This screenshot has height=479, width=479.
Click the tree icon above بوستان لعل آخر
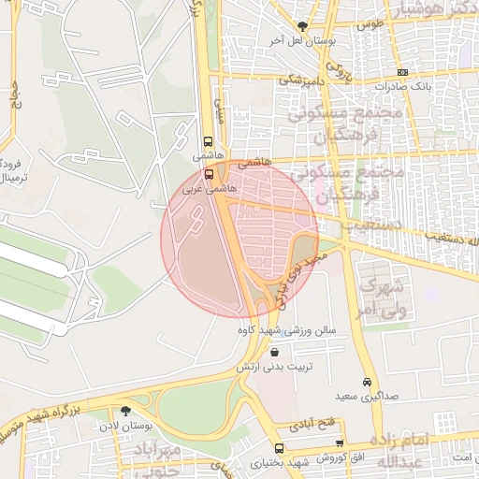coord(301,26)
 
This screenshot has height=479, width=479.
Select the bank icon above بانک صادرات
coord(402,72)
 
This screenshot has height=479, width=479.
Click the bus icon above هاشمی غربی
coord(208,174)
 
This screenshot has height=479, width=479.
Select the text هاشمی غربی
coord(210,188)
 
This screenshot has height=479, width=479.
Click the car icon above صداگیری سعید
coord(367,383)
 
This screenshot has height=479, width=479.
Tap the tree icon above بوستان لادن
coord(125,411)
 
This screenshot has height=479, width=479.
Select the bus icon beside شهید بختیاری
coord(278,449)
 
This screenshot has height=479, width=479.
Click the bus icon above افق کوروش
coord(339,443)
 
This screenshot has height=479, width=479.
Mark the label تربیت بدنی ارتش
coord(272,367)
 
